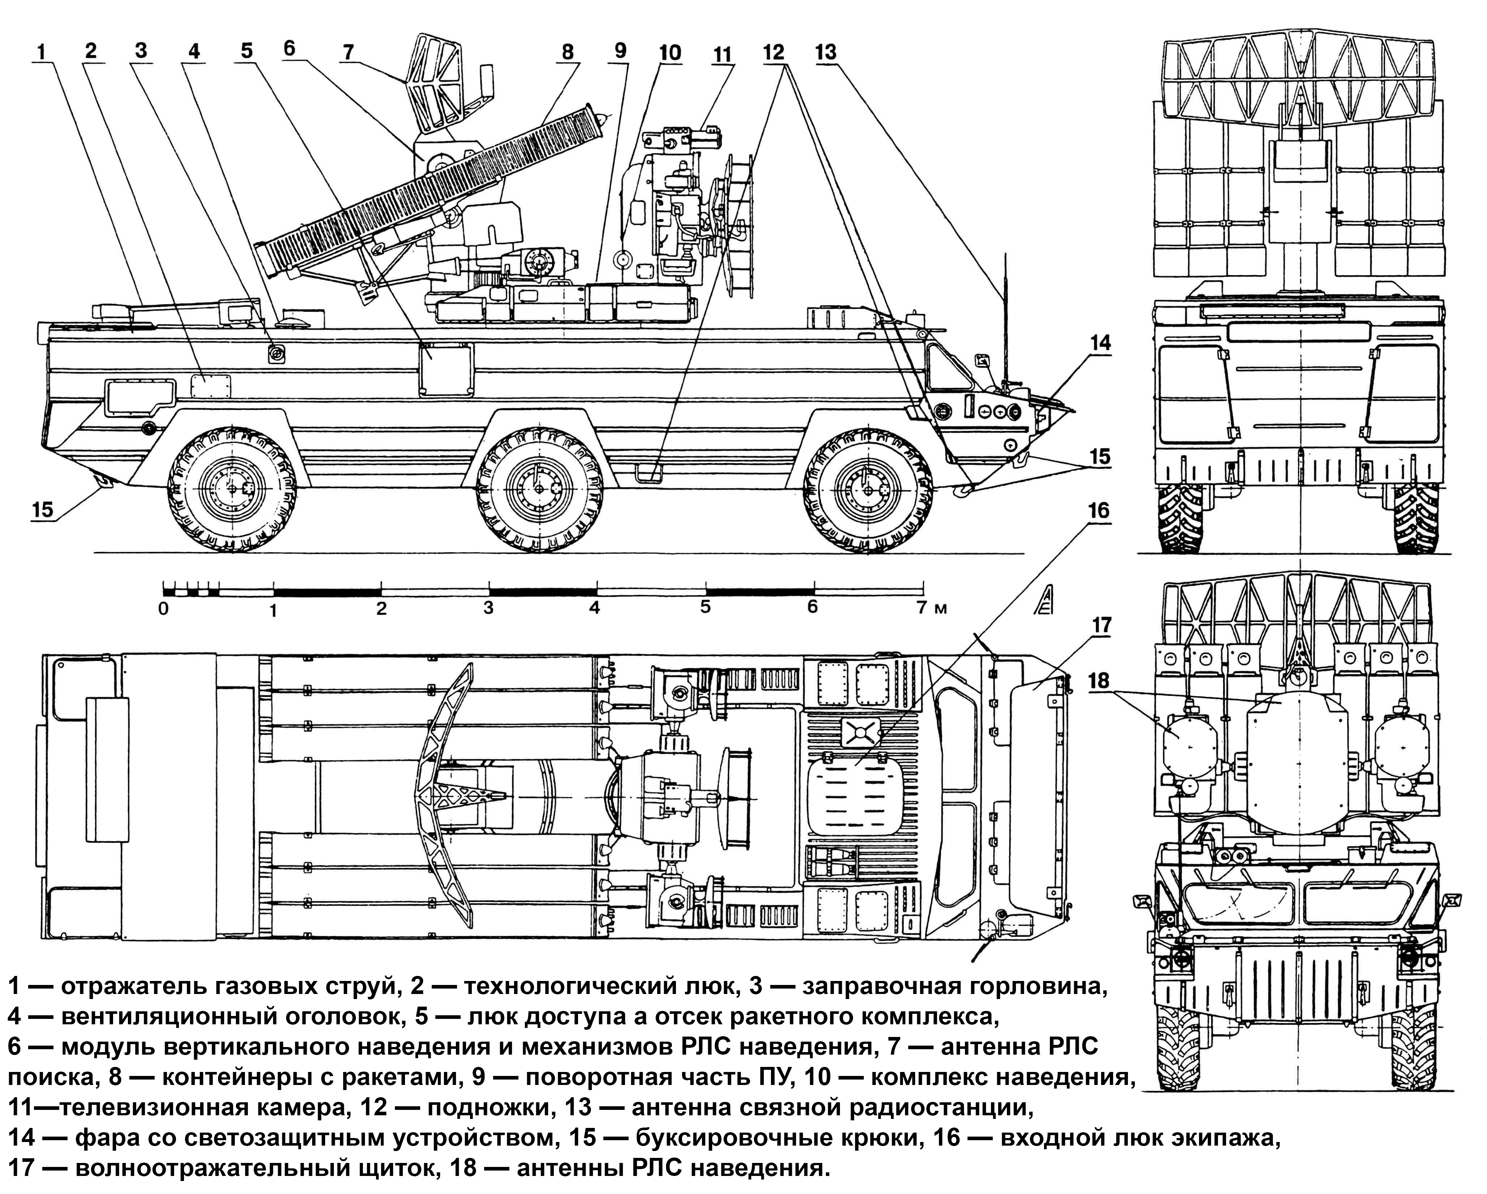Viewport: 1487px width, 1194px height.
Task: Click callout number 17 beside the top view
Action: click(x=1102, y=625)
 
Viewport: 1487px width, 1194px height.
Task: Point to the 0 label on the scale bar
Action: click(x=163, y=609)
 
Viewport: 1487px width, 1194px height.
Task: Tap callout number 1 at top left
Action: click(x=42, y=52)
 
